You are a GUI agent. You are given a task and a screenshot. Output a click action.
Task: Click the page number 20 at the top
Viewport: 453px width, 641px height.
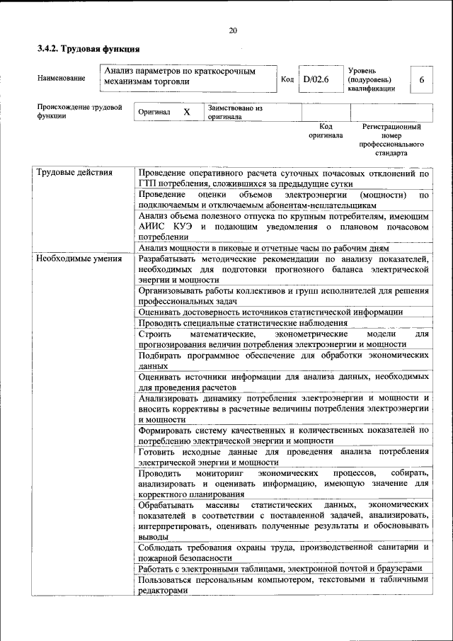point(233,30)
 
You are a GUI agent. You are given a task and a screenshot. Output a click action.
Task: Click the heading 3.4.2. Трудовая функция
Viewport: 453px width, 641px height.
point(88,50)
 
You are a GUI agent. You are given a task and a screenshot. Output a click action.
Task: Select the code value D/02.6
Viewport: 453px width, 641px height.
point(316,79)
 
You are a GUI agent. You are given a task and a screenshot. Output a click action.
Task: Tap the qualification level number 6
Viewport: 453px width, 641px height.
point(422,80)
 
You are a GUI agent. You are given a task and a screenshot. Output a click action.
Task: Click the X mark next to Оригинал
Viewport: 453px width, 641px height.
point(187,113)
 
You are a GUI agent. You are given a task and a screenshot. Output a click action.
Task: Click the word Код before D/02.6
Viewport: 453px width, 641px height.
point(287,79)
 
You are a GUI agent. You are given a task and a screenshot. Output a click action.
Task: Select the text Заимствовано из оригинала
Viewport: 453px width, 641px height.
point(235,113)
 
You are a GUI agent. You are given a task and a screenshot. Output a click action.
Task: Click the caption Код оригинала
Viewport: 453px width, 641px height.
point(326,130)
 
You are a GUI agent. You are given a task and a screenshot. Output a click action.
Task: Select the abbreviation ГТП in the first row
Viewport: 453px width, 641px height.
point(148,183)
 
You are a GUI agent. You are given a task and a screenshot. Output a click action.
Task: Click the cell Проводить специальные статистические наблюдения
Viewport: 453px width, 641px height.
point(243,323)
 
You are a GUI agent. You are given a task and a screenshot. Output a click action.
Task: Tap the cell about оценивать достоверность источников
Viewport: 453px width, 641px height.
point(270,312)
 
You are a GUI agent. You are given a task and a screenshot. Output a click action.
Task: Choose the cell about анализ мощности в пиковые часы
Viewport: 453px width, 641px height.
point(264,248)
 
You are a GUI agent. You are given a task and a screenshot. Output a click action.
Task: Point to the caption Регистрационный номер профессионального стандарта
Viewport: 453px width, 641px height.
point(391,140)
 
